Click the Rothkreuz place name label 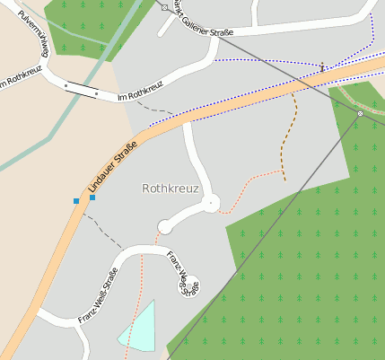pyautogui.click(x=170, y=189)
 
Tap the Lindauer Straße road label pyautogui.click(x=112, y=166)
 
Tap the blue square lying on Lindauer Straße pyautogui.click(x=92, y=197)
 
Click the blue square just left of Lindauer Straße pyautogui.click(x=76, y=200)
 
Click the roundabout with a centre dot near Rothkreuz pyautogui.click(x=211, y=204)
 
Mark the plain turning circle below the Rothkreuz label pyautogui.click(x=164, y=225)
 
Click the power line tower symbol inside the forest pyautogui.click(x=360, y=114)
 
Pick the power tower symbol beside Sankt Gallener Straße pyautogui.click(x=164, y=7)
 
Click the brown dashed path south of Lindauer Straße pyautogui.click(x=289, y=135)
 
